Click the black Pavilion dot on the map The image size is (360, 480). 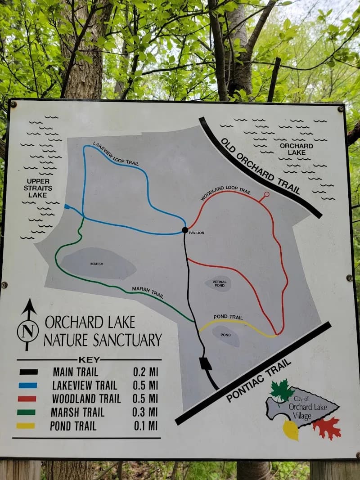184,230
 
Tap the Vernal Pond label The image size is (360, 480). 219,283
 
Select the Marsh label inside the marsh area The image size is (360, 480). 97,264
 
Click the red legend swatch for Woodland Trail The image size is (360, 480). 27,399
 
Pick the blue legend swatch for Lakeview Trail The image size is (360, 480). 27,386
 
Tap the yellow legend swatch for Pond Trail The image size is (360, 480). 26,426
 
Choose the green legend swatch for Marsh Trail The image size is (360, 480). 26,412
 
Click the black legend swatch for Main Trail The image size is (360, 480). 28,372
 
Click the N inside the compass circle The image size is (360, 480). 28,332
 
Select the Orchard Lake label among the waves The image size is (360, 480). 296,149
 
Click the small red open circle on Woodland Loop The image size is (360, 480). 266,194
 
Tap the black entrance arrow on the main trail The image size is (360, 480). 206,363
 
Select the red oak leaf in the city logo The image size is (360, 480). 327,428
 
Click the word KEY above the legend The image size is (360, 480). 89,360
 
